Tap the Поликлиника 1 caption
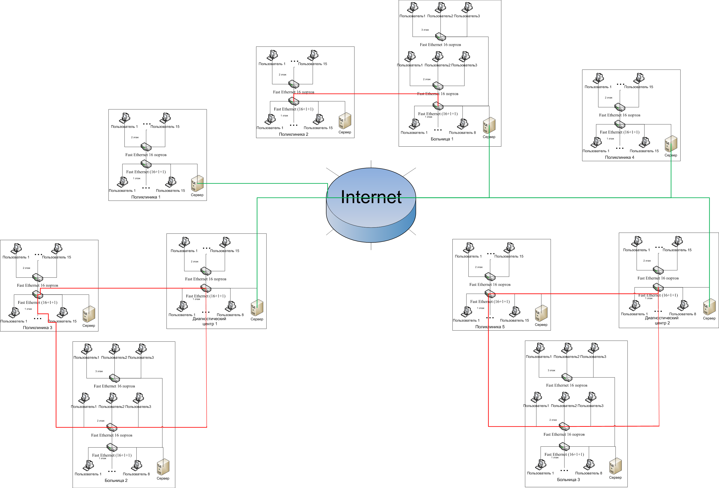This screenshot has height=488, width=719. [146, 197]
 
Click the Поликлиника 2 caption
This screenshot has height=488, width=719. [294, 134]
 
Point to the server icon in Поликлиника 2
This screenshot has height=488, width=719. [345, 121]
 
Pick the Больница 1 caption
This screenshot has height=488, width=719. [442, 139]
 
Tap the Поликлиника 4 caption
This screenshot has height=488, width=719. [619, 157]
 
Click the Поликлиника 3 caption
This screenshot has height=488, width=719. [37, 328]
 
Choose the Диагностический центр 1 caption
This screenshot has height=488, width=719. [209, 321]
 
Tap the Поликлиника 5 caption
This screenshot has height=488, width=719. [490, 327]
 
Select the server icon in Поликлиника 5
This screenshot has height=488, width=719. [541, 313]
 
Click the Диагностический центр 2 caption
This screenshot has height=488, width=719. [662, 320]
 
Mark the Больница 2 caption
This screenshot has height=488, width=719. [116, 481]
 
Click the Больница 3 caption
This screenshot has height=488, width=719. [568, 480]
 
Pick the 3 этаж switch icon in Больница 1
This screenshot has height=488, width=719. [440, 37]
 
